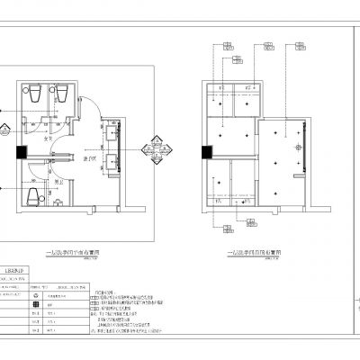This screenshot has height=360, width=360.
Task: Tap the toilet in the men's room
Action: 33,197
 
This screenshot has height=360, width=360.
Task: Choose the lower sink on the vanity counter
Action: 111,163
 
